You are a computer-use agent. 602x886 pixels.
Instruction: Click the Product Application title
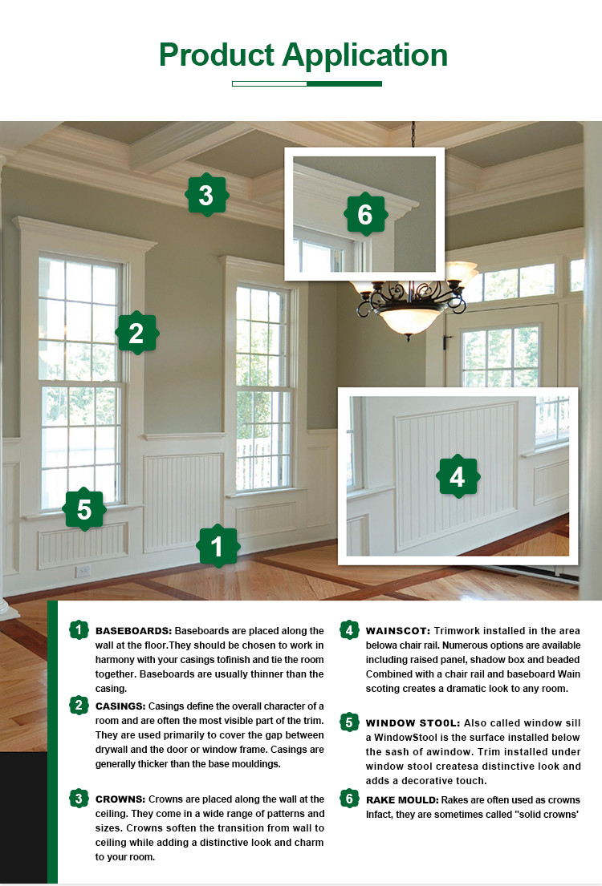click(x=303, y=55)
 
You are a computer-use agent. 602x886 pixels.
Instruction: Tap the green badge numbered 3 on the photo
click(x=207, y=195)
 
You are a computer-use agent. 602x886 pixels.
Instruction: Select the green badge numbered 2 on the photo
click(x=136, y=333)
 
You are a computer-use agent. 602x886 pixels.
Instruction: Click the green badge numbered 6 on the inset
click(x=365, y=215)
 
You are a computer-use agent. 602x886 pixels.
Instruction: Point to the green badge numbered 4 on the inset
click(x=458, y=477)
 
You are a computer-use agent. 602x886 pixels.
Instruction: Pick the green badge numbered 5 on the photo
click(x=84, y=509)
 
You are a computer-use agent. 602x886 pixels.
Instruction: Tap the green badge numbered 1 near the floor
click(x=217, y=546)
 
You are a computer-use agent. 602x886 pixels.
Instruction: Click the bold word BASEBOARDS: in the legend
click(x=133, y=631)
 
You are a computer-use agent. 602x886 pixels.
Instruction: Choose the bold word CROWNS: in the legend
click(x=120, y=799)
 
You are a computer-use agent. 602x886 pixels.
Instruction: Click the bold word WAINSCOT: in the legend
click(x=399, y=631)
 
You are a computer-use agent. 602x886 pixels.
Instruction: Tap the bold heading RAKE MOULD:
click(x=401, y=799)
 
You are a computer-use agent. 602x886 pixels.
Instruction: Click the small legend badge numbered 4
click(x=348, y=630)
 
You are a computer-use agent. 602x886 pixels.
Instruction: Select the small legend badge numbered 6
click(x=348, y=799)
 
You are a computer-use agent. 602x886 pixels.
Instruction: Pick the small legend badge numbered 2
click(x=79, y=706)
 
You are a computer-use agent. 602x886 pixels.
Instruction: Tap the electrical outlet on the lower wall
click(x=83, y=571)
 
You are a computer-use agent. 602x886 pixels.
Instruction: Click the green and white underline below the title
click(x=307, y=83)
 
